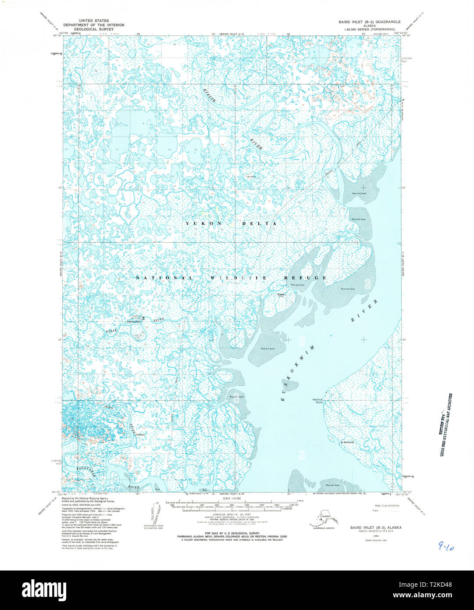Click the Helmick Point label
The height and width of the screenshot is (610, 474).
(x=317, y=401)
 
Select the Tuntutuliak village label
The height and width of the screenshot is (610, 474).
(x=135, y=322)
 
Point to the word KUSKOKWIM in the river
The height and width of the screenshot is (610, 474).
(x=299, y=373)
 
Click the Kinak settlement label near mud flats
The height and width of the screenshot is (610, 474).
(x=281, y=294)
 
